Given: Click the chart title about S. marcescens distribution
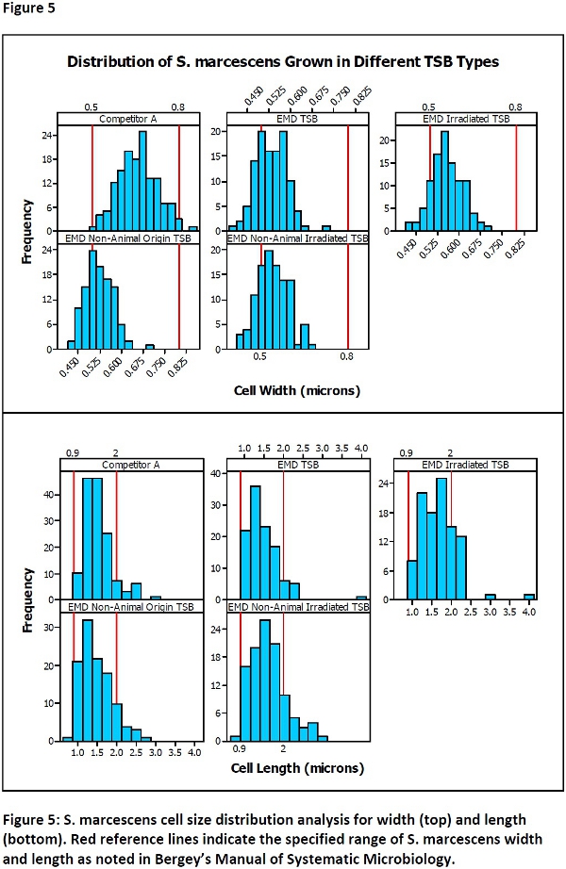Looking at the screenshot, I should coord(282,62).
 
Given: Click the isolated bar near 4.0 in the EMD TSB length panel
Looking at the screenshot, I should coord(361,597).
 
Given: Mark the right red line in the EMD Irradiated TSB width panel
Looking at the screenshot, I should coord(516,178).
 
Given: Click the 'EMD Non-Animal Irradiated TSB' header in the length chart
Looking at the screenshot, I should coord(298,606).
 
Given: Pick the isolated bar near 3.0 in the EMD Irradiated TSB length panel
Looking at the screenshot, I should coord(491,596).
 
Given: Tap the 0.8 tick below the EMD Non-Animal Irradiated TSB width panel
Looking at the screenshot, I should coord(347,357).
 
